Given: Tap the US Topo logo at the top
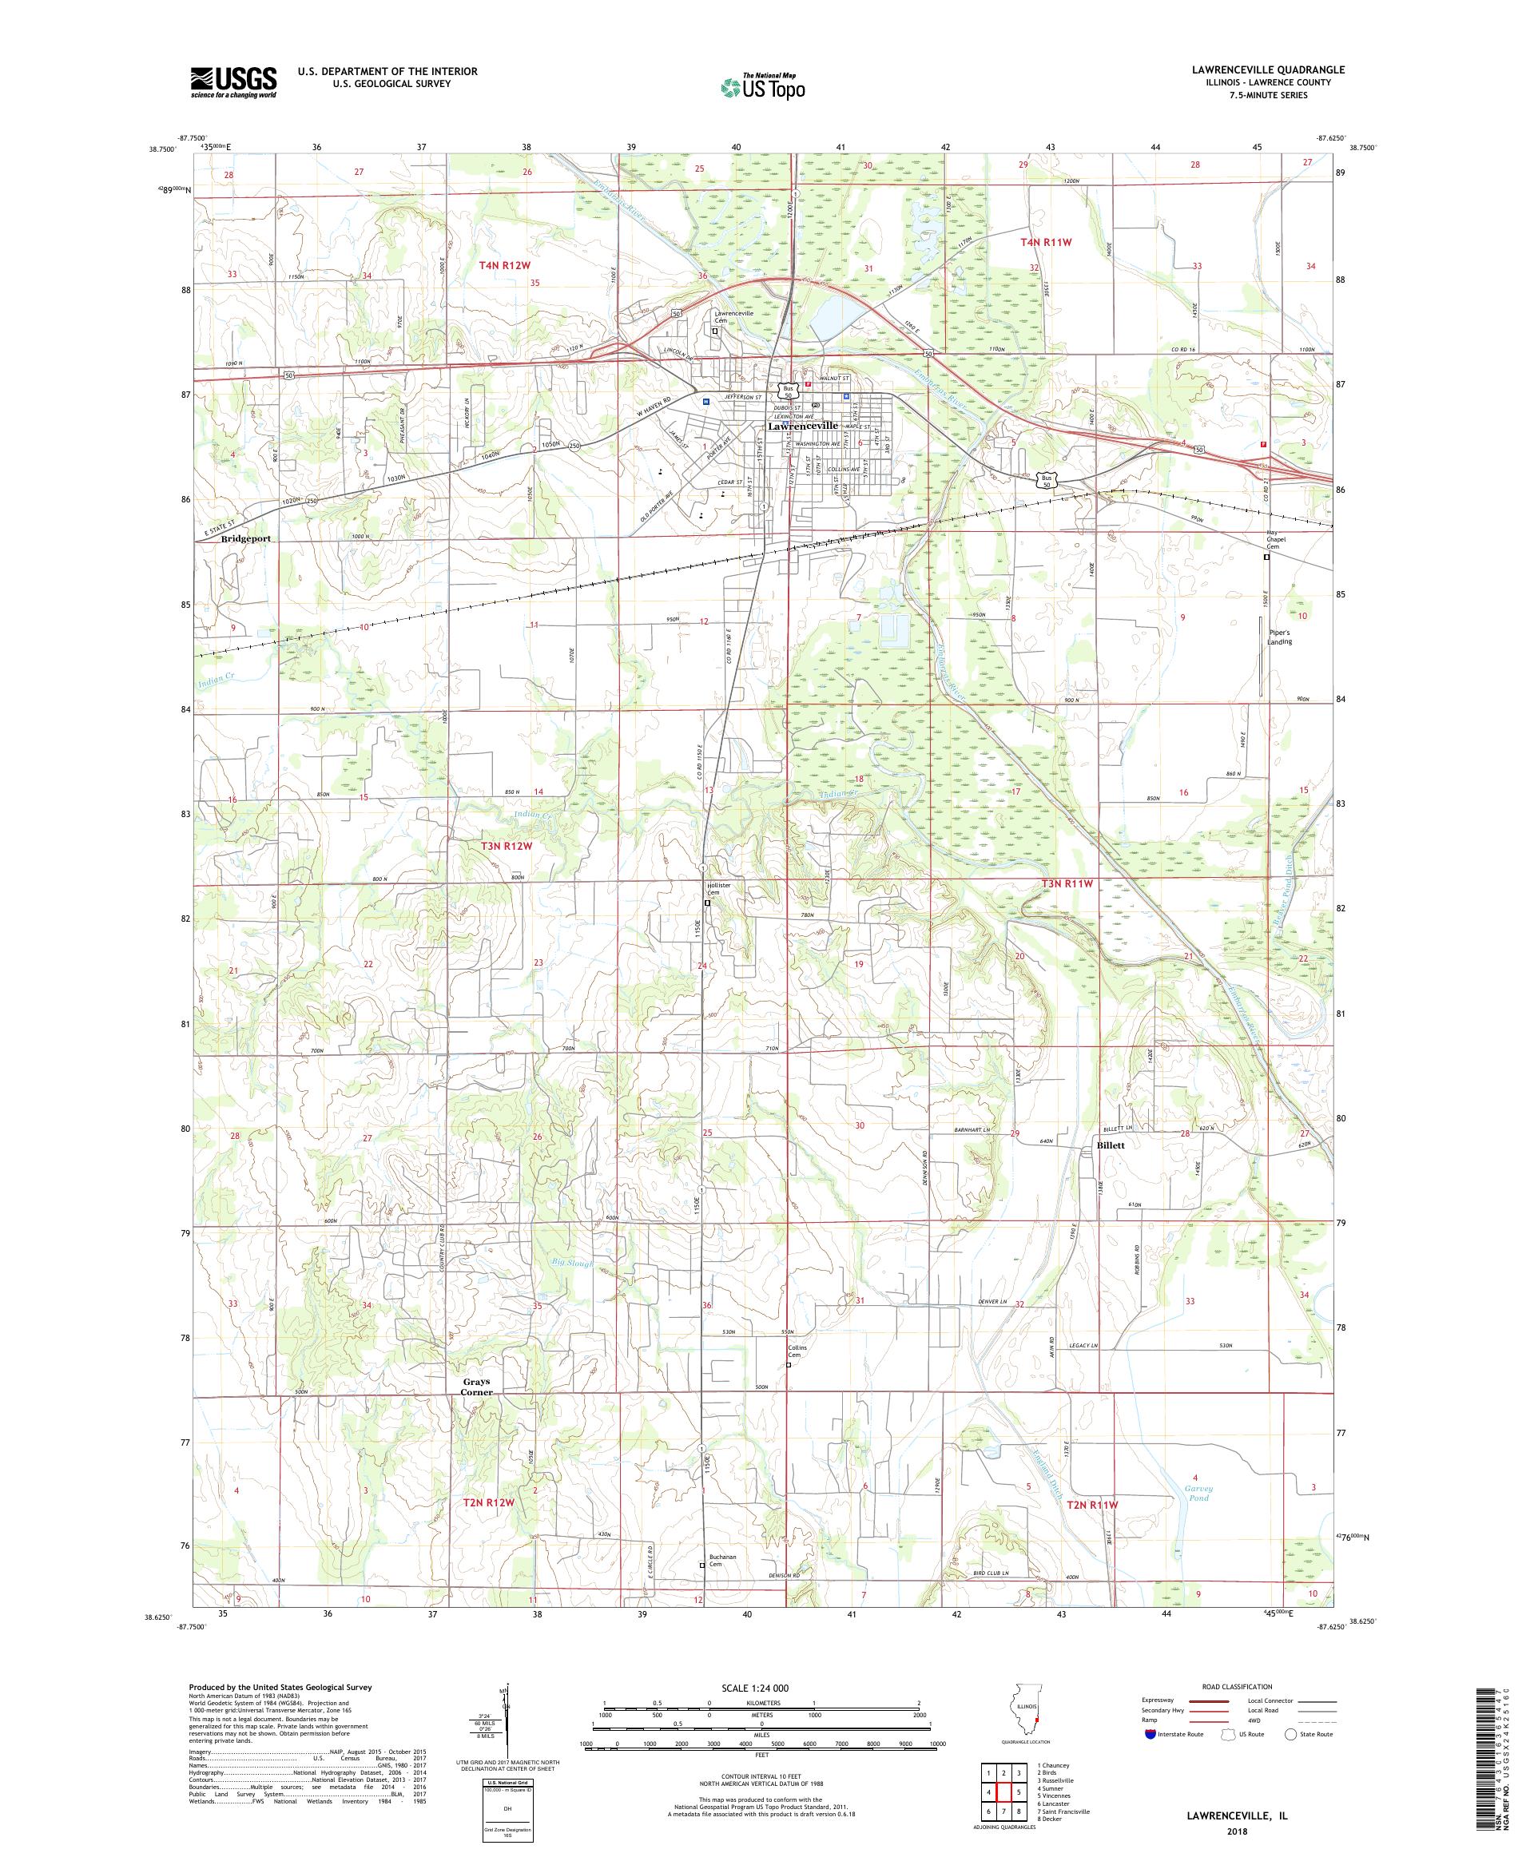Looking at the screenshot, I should (x=765, y=86).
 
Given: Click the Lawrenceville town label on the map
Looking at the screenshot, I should (x=802, y=425).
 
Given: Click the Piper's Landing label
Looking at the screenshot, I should (x=1279, y=637).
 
